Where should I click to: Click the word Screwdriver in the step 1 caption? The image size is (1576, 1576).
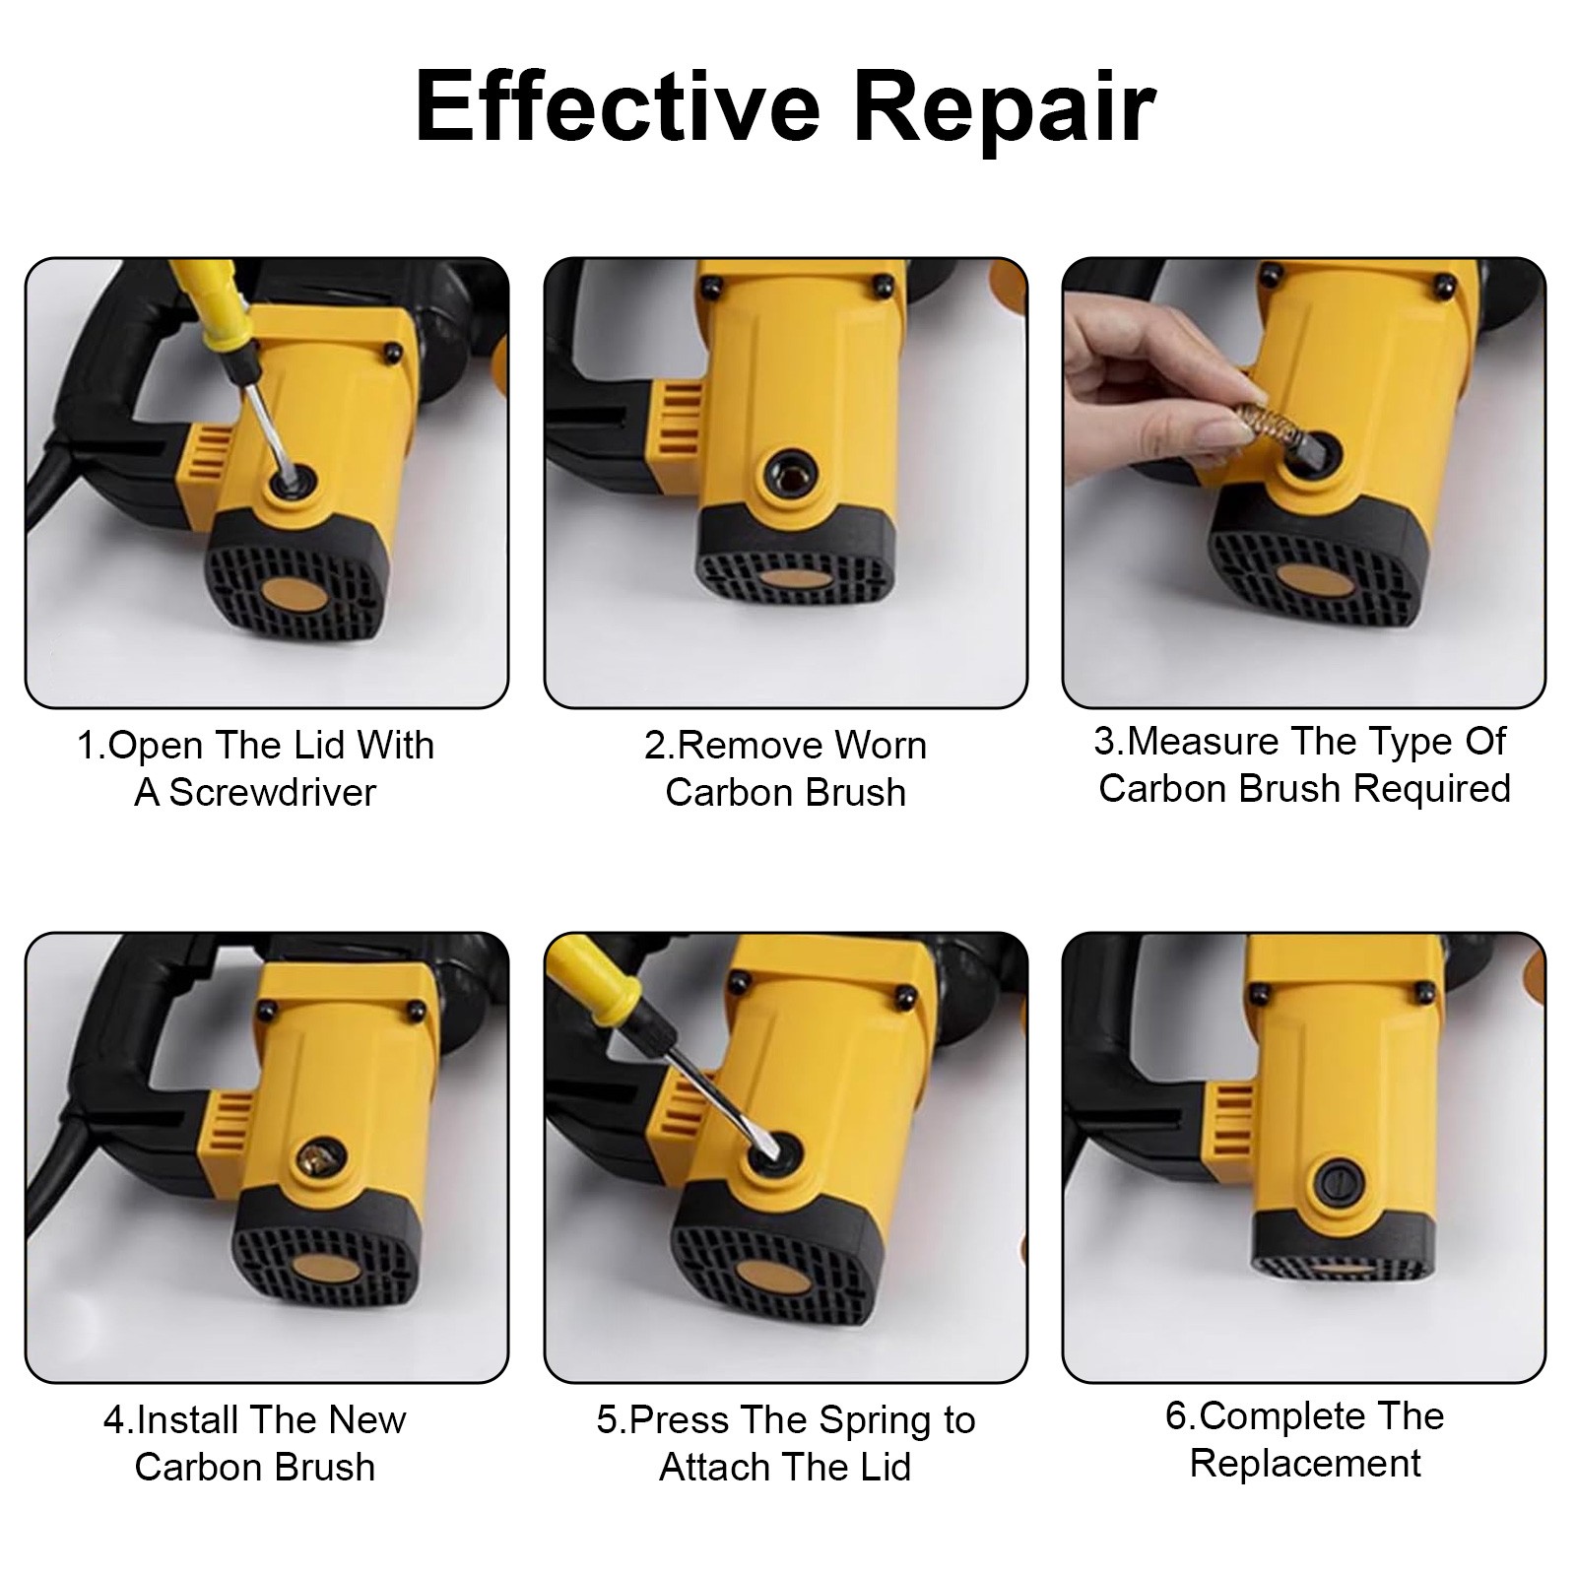click(273, 793)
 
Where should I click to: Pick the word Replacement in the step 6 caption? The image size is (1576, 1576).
click(1305, 1464)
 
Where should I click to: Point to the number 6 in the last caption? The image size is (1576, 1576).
click(1175, 1416)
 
